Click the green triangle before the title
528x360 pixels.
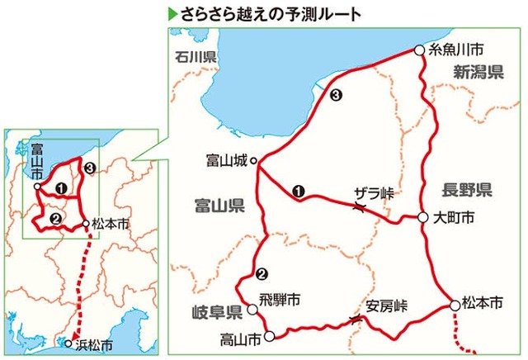172,14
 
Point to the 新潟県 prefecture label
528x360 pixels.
478,73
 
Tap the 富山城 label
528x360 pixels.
226,161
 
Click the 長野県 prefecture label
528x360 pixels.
466,190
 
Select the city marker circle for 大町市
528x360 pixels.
422,218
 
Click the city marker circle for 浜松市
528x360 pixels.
69,343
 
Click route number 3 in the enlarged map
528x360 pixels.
335,97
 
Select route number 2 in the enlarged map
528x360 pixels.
262,275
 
